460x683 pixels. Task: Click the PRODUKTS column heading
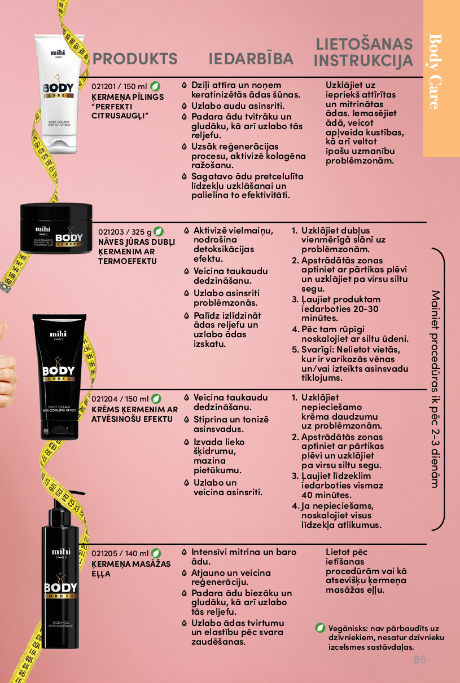click(134, 59)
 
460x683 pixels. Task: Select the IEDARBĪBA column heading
click(251, 59)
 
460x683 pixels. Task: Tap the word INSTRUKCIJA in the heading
click(363, 60)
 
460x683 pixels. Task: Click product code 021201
click(104, 86)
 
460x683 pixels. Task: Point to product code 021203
click(111, 232)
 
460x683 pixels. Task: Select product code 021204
click(104, 399)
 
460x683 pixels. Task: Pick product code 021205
click(104, 553)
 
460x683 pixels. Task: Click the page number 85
click(420, 660)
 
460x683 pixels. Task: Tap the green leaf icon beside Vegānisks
click(320, 628)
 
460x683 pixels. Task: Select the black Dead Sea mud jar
click(56, 228)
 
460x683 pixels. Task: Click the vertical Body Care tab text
click(436, 72)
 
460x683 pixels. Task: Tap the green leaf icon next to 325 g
click(158, 232)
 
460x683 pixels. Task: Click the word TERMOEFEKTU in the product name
click(128, 261)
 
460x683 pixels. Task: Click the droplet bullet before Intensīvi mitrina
click(184, 552)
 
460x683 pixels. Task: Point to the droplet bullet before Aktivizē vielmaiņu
click(187, 231)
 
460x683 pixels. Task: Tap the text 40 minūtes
click(326, 495)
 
